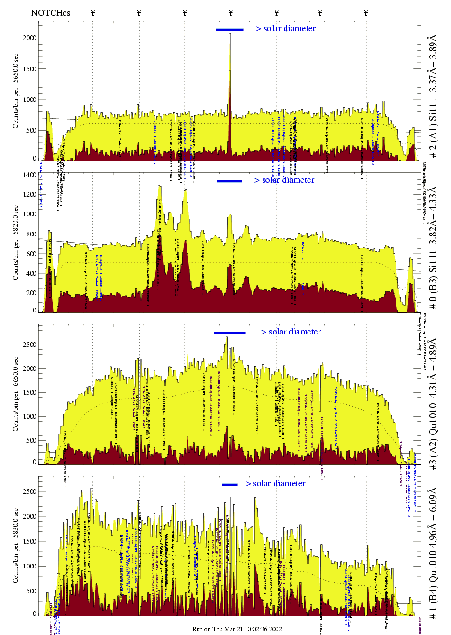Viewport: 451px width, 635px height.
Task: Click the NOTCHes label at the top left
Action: click(50, 13)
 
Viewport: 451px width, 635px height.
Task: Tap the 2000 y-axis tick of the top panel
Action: click(30, 38)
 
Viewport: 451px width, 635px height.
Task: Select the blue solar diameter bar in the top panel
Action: click(230, 30)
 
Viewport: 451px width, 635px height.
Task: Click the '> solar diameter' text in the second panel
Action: click(284, 180)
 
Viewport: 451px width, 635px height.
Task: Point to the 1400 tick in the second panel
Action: click(30, 175)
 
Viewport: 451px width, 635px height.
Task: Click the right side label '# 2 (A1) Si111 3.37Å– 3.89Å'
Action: click(433, 96)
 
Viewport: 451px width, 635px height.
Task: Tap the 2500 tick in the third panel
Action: click(30, 345)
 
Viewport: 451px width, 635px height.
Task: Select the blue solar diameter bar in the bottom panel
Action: click(230, 485)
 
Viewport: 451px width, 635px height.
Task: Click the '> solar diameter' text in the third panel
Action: click(291, 332)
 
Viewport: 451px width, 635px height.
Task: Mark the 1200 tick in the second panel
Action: click(30, 195)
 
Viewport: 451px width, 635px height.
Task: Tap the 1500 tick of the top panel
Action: click(30, 69)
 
